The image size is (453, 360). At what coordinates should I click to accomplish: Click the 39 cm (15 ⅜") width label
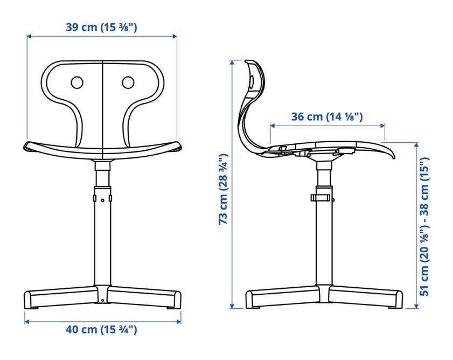coord(101,27)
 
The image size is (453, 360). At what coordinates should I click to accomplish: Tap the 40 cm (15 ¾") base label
coord(101,329)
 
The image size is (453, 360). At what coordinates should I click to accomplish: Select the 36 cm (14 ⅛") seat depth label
coord(327,116)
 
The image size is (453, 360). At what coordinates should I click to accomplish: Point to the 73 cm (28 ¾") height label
coord(224,189)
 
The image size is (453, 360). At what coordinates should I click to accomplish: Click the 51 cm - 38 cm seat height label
coord(424,227)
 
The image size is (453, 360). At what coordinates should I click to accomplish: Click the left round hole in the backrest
coord(77,82)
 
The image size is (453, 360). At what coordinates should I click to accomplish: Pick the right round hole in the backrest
coord(128,82)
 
